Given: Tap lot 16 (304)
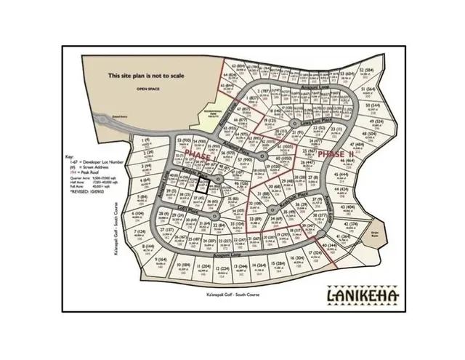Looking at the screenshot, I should (x=296, y=260).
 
